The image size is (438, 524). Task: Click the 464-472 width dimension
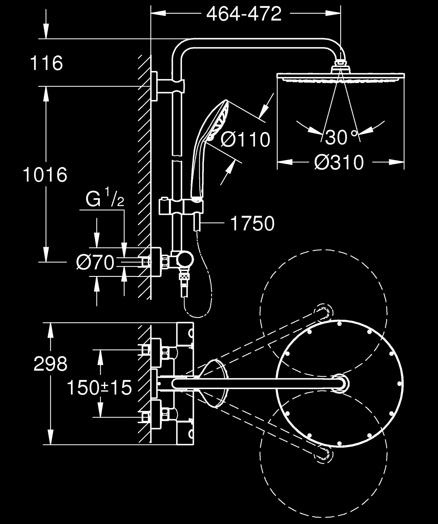pos(244,14)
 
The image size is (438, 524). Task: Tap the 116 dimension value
pos(46,63)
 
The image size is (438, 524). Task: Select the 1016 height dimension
pos(45,175)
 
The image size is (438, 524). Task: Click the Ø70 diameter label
pos(95,262)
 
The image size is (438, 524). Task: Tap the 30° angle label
pos(341,138)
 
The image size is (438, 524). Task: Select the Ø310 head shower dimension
pos(339,162)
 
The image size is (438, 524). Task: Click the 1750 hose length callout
pos(253,224)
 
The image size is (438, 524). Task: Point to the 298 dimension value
pos(50,364)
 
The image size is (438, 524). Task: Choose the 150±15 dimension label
pos(99,388)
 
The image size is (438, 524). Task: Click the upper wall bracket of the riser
pos(155,86)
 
